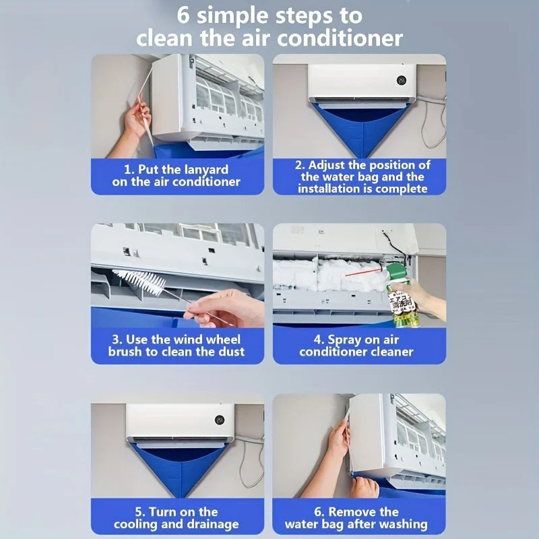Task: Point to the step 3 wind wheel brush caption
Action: pyautogui.click(x=177, y=345)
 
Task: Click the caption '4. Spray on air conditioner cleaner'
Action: pyautogui.click(x=357, y=345)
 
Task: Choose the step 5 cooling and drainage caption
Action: pyautogui.click(x=177, y=517)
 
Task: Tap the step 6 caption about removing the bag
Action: pyautogui.click(x=357, y=517)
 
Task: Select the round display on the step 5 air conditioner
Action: pyautogui.click(x=220, y=420)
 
